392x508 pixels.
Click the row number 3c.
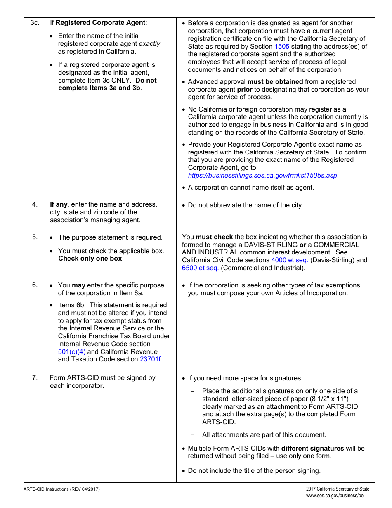[x=35, y=23]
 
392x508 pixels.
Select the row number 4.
[x=35, y=204]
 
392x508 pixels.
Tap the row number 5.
[x=35, y=237]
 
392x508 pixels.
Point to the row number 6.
[x=35, y=285]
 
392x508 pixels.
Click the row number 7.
[x=35, y=377]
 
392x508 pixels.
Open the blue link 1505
[x=282, y=46]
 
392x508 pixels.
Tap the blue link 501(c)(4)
[x=72, y=352]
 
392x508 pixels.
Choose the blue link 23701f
[x=151, y=359]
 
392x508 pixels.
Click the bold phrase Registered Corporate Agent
[x=100, y=23]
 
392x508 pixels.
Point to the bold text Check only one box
[x=90, y=259]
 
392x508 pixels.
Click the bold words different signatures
[x=312, y=449]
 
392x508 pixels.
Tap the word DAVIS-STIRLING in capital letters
[x=270, y=245]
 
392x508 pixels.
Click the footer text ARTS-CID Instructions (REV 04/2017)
[x=61, y=489]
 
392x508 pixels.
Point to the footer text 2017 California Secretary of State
[x=338, y=489]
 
